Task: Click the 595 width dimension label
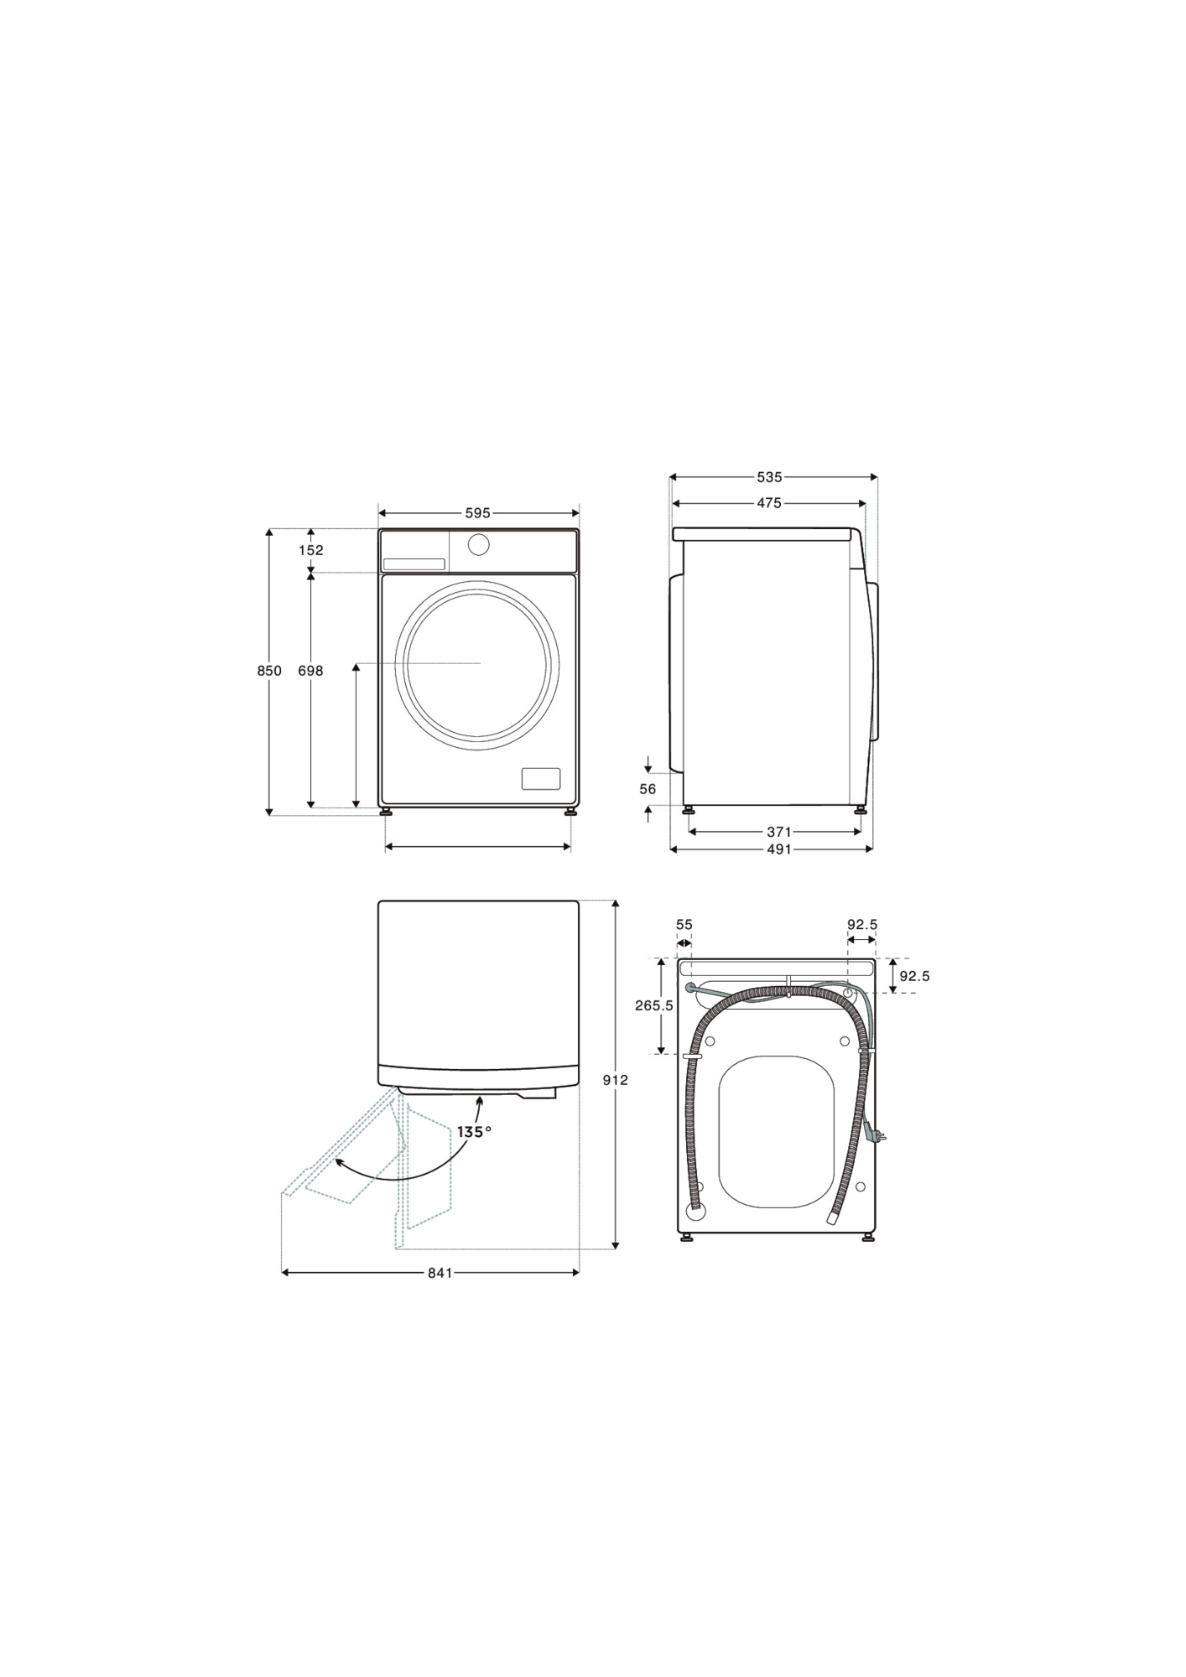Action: pos(478,512)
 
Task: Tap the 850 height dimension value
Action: pos(269,671)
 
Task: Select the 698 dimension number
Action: pos(310,671)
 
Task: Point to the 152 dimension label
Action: pos(311,550)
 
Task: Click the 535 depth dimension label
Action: pos(769,477)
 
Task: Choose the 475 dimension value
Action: pos(769,503)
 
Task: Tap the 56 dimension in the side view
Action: pos(648,789)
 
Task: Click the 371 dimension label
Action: pos(779,832)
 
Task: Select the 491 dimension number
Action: pos(779,849)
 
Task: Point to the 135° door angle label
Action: pos(475,1132)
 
